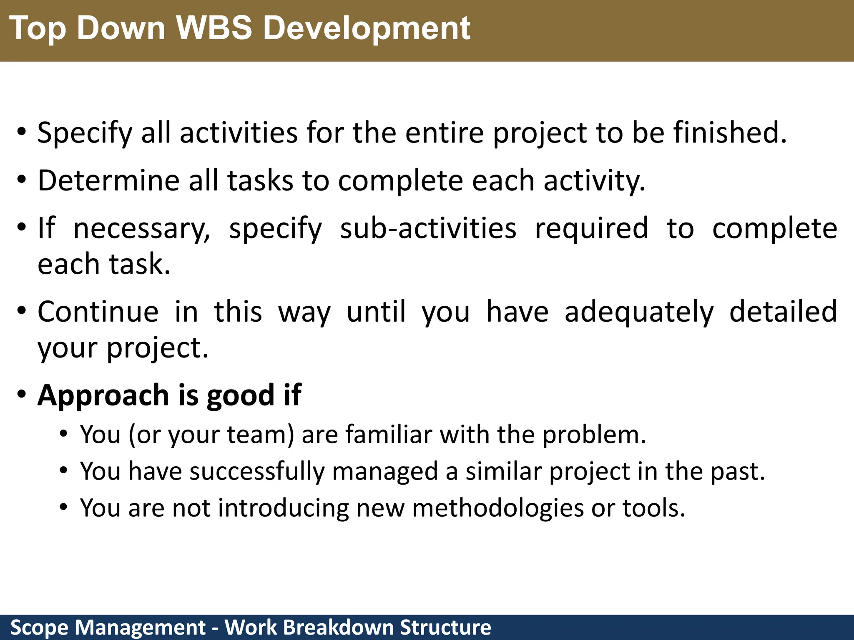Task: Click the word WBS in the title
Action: pyautogui.click(x=213, y=28)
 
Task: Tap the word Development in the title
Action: pyautogui.click(x=367, y=28)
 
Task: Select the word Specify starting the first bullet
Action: pyautogui.click(x=85, y=133)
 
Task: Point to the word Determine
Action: pyautogui.click(x=108, y=181)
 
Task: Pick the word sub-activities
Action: pyautogui.click(x=428, y=229)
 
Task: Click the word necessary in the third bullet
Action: pyautogui.click(x=142, y=229)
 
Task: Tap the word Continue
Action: pyautogui.click(x=98, y=312)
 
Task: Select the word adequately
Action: pyautogui.click(x=639, y=312)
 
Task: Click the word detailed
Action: pyautogui.click(x=783, y=312)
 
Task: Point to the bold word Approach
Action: pyautogui.click(x=103, y=395)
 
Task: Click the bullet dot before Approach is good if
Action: pyautogui.click(x=22, y=394)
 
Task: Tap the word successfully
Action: pyautogui.click(x=256, y=472)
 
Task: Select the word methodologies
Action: pyautogui.click(x=498, y=508)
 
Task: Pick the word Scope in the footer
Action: pyautogui.click(x=39, y=627)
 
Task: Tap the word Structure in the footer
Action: pyautogui.click(x=445, y=627)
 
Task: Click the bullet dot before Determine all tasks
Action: pyautogui.click(x=22, y=180)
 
